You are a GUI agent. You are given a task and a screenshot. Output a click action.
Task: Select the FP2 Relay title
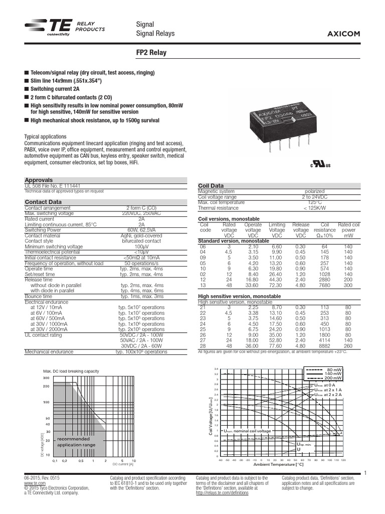pyautogui.click(x=152, y=52)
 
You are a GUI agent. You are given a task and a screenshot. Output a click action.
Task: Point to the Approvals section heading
pyautogui.click(x=39, y=180)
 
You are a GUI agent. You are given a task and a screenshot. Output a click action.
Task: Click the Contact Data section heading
pyautogui.click(x=43, y=202)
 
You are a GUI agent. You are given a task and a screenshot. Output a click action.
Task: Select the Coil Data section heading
pyautogui.click(x=211, y=186)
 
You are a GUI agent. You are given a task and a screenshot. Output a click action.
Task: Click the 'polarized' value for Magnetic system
pyautogui.click(x=314, y=191)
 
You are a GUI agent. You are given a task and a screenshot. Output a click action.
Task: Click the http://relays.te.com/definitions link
pyautogui.click(x=222, y=494)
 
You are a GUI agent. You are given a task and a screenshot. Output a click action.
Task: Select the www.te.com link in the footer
pyautogui.click(x=33, y=483)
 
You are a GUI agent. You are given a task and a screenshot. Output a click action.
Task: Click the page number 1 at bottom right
pyautogui.click(x=366, y=472)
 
